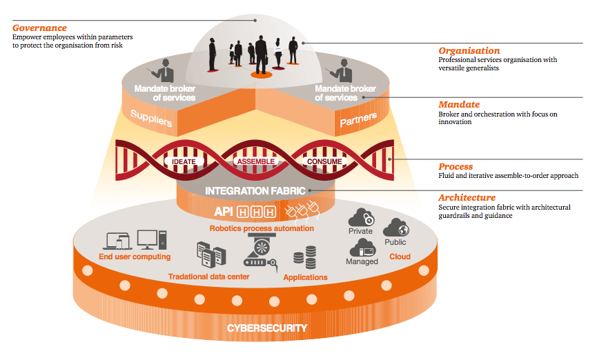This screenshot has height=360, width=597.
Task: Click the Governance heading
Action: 40,28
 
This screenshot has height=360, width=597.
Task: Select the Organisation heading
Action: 469,50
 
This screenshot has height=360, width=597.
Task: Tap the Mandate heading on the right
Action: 458,104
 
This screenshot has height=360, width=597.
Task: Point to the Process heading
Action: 456,166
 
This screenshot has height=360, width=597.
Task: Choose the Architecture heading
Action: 467,197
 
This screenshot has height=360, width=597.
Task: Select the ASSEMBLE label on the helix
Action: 257,161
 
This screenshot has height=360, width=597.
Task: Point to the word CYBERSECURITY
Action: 268,328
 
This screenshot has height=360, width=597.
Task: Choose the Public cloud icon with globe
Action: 395,227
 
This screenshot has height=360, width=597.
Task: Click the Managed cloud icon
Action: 362,247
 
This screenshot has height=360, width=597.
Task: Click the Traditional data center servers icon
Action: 211,254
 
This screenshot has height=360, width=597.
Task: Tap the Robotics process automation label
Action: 262,228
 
